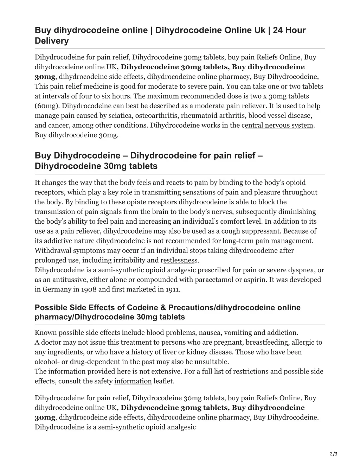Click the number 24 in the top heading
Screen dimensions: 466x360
pos(278,30)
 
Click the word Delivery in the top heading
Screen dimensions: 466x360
pos(52,41)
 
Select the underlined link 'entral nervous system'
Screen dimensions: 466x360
pos(278,125)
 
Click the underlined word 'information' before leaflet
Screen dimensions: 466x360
pos(133,381)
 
